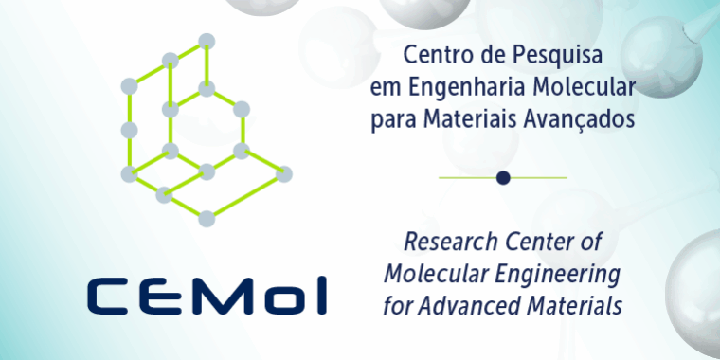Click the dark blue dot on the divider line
pos(503,177)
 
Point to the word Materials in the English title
pos(577,307)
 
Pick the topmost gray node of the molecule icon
pos(207,41)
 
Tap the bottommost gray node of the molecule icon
pos(207,219)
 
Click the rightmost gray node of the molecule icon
pos(284,174)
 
